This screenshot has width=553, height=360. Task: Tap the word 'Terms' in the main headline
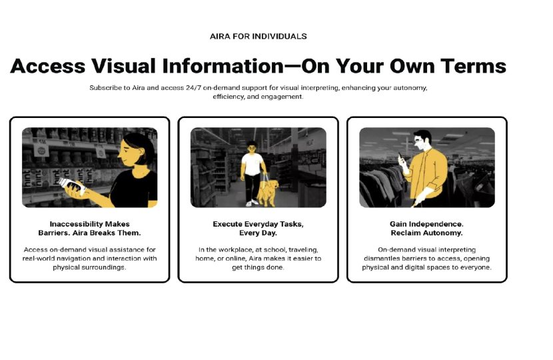[x=472, y=66]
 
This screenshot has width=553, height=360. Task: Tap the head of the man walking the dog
[x=253, y=148]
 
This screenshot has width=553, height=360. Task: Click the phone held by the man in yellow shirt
[x=400, y=159]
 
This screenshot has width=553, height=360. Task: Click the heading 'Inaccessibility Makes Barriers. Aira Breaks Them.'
[x=89, y=229]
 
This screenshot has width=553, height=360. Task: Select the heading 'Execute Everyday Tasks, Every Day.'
[x=258, y=229]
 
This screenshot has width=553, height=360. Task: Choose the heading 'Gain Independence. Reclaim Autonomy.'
[x=426, y=229]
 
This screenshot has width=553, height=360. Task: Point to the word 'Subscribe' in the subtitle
[x=105, y=87]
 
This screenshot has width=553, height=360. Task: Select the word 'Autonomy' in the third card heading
[x=445, y=233]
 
